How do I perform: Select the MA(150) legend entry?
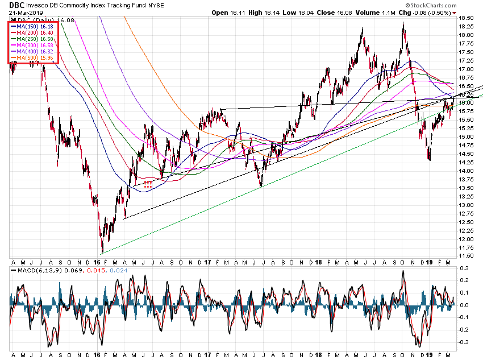pyautogui.click(x=34, y=27)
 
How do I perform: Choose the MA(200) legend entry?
pyautogui.click(x=34, y=33)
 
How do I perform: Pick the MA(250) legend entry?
pyautogui.click(x=34, y=39)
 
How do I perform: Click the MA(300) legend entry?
pyautogui.click(x=34, y=45)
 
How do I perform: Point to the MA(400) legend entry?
pyautogui.click(x=34, y=52)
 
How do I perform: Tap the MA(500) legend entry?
pyautogui.click(x=34, y=58)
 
